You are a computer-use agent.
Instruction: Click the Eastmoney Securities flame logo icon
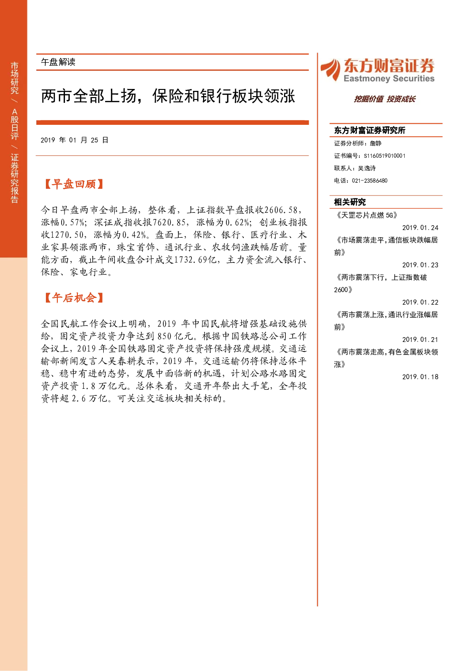tap(330, 69)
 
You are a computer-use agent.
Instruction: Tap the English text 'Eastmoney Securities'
tap(389, 78)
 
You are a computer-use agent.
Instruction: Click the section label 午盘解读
tap(58, 62)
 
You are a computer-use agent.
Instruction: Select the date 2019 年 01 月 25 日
tap(74, 140)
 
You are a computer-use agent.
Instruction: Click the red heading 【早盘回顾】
tap(74, 184)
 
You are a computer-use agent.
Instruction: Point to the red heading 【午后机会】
tap(74, 297)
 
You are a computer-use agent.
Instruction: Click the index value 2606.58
tap(281, 210)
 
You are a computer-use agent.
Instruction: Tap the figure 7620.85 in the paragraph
tap(169, 222)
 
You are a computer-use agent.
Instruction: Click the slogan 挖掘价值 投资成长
tap(385, 99)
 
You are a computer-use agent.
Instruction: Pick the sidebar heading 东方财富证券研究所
tap(369, 130)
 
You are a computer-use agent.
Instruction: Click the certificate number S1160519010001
tap(385, 156)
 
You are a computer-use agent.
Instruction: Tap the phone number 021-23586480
tap(369, 181)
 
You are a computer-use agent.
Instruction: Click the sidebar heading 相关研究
tap(350, 202)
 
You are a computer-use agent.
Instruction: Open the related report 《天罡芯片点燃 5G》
tap(366, 215)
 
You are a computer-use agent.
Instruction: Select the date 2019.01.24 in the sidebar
tap(420, 228)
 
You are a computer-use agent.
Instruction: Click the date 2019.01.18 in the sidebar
tap(420, 377)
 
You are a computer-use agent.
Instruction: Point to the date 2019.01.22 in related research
tap(420, 302)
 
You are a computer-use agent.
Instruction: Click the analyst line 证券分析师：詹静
tap(357, 143)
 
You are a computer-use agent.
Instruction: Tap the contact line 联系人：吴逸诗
tap(355, 168)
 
